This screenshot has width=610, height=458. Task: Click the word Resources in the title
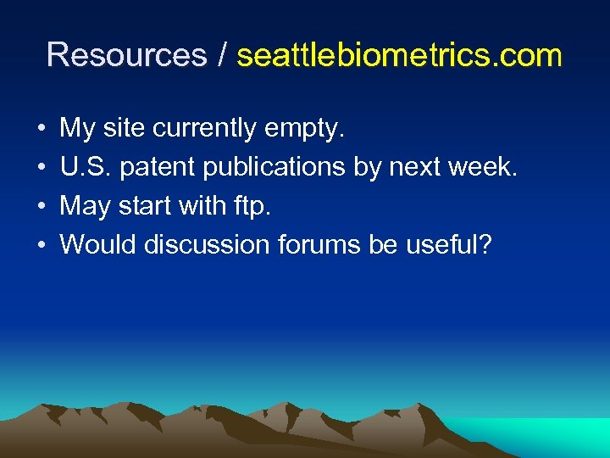[x=126, y=55]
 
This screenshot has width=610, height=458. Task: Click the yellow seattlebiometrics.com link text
[x=400, y=55]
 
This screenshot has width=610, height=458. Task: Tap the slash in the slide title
[x=222, y=55]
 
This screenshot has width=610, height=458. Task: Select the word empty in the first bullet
[x=305, y=129]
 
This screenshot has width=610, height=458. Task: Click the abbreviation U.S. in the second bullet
[x=86, y=168]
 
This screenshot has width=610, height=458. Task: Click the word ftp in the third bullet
[x=252, y=206]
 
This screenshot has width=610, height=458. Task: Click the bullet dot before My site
[x=42, y=130]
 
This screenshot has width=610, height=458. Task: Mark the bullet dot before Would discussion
[x=42, y=246]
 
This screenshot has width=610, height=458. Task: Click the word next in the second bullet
[x=415, y=168]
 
